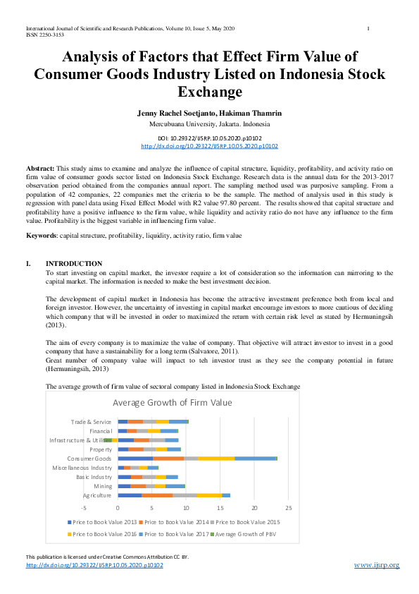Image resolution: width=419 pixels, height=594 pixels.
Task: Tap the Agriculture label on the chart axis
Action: [x=96, y=495]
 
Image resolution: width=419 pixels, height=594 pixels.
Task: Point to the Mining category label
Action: [x=102, y=486]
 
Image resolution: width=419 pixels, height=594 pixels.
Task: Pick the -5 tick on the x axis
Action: [x=84, y=507]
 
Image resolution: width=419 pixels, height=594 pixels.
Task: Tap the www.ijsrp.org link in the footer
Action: [x=376, y=566]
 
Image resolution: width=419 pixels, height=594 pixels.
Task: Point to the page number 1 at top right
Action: [x=369, y=28]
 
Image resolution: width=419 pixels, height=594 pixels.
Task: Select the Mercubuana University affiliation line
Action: [x=210, y=123]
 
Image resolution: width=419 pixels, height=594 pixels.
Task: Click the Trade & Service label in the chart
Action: [x=92, y=422]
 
